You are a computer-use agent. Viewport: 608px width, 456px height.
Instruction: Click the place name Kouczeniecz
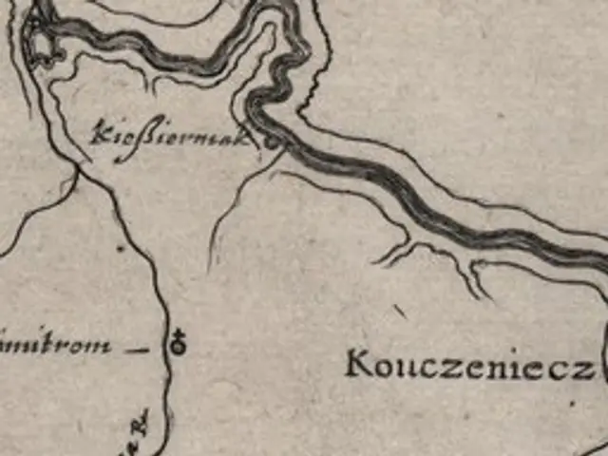tap(469, 366)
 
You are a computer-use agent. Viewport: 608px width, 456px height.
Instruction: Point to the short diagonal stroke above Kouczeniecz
tap(400, 311)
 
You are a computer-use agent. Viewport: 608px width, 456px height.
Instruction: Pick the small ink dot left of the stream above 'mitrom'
tap(121, 249)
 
